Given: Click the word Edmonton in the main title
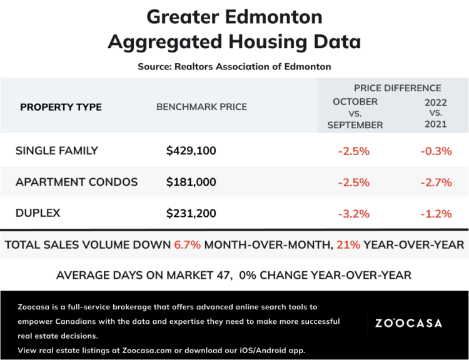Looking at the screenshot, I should pyautogui.click(x=272, y=16).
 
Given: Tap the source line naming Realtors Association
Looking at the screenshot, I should pyautogui.click(x=234, y=66).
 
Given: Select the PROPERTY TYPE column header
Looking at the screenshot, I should pyautogui.click(x=61, y=107).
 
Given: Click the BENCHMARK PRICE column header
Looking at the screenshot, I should pyautogui.click(x=201, y=107).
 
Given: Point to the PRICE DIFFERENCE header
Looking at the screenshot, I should pyautogui.click(x=397, y=88).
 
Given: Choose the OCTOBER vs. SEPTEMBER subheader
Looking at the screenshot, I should pyautogui.click(x=355, y=113).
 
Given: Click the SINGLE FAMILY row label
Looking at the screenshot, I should pyautogui.click(x=57, y=151).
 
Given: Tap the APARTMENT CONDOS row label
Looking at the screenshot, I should pyautogui.click(x=76, y=182).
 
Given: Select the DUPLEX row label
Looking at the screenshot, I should pyautogui.click(x=38, y=213).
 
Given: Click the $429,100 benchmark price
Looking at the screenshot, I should pyautogui.click(x=191, y=151).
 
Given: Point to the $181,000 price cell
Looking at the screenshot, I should pyautogui.click(x=191, y=182).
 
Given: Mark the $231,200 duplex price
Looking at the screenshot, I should pyautogui.click(x=191, y=214).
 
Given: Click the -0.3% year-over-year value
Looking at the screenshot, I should pyautogui.click(x=435, y=151).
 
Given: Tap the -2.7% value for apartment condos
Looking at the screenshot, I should pyautogui.click(x=435, y=182).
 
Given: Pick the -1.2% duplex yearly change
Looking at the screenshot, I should pyautogui.click(x=435, y=214).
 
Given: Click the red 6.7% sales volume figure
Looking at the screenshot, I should pyautogui.click(x=188, y=245).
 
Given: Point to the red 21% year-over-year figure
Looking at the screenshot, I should pyautogui.click(x=348, y=245).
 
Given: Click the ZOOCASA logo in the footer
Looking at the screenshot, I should pyautogui.click(x=408, y=323).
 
